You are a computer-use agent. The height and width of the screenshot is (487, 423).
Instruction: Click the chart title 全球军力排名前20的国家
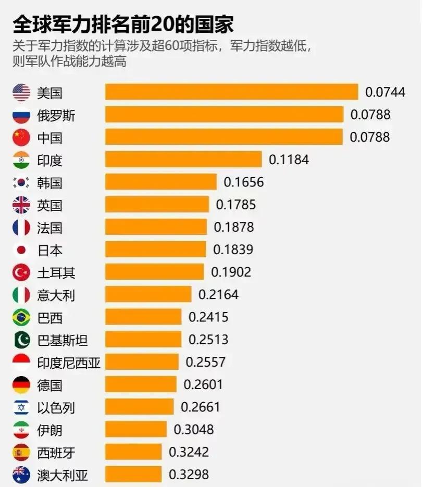123,24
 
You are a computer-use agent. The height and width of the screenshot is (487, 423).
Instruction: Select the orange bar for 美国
232,92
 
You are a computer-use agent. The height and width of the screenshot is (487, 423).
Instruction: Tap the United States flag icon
21,93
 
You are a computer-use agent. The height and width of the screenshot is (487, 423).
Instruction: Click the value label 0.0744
385,92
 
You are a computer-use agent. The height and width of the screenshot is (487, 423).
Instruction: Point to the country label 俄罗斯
56,115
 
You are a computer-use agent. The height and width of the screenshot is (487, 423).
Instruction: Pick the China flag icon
21,138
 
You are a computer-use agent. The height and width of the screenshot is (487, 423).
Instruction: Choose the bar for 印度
183,159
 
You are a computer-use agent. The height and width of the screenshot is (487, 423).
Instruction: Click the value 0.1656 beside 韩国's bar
244,182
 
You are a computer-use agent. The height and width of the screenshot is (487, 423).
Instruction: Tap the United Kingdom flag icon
21,205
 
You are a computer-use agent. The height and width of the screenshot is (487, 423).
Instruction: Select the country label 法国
50,228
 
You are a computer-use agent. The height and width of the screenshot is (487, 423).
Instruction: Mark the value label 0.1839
233,250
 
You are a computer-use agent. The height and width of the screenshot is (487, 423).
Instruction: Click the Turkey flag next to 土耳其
21,272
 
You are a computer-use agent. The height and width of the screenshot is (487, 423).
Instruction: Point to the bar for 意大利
148,295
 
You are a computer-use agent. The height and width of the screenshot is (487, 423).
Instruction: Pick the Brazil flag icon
21,317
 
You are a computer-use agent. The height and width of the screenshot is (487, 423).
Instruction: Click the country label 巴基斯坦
63,340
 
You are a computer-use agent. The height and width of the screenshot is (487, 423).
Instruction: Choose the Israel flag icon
21,407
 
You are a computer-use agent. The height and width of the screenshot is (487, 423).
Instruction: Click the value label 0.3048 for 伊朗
194,430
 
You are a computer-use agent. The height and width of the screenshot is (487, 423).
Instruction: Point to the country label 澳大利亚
63,474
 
